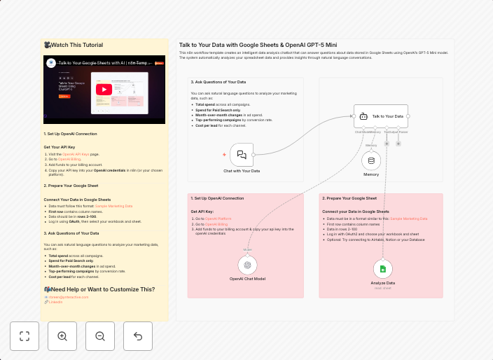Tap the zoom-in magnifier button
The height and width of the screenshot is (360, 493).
coord(62,336)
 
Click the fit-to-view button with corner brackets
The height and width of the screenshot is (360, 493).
coord(25,336)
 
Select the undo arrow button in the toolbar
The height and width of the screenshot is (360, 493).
coord(137,336)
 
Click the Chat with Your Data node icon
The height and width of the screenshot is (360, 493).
coord(241,154)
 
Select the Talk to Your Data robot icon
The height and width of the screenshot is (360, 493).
coord(364,116)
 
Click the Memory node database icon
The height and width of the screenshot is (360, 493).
coord(371,160)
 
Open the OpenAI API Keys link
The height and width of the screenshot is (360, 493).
coord(76,153)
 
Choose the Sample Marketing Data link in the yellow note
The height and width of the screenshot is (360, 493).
coord(113,206)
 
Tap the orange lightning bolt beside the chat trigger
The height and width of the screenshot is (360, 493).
coord(224,154)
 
